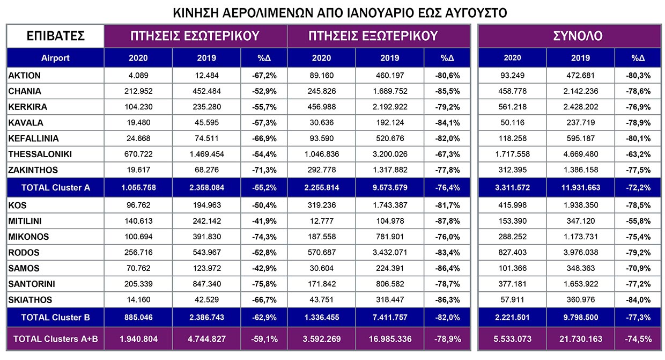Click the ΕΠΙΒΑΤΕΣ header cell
point(56,36)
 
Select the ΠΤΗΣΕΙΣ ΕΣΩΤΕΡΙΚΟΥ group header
point(195,36)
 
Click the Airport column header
point(55,58)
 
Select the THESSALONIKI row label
point(40,154)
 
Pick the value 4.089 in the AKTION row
point(138,76)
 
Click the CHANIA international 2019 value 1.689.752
point(390,91)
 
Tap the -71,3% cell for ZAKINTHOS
point(264,170)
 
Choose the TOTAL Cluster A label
point(56,188)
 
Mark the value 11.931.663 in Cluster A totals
point(581,188)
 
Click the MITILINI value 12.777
point(322,221)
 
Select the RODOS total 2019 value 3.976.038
point(581,253)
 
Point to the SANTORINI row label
point(32,284)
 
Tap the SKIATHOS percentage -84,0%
point(638,300)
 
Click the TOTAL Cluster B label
point(56,318)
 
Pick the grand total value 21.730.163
point(581,339)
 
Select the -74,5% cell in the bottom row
point(638,339)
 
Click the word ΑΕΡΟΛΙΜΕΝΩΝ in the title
point(268,13)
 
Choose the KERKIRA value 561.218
point(512,107)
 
